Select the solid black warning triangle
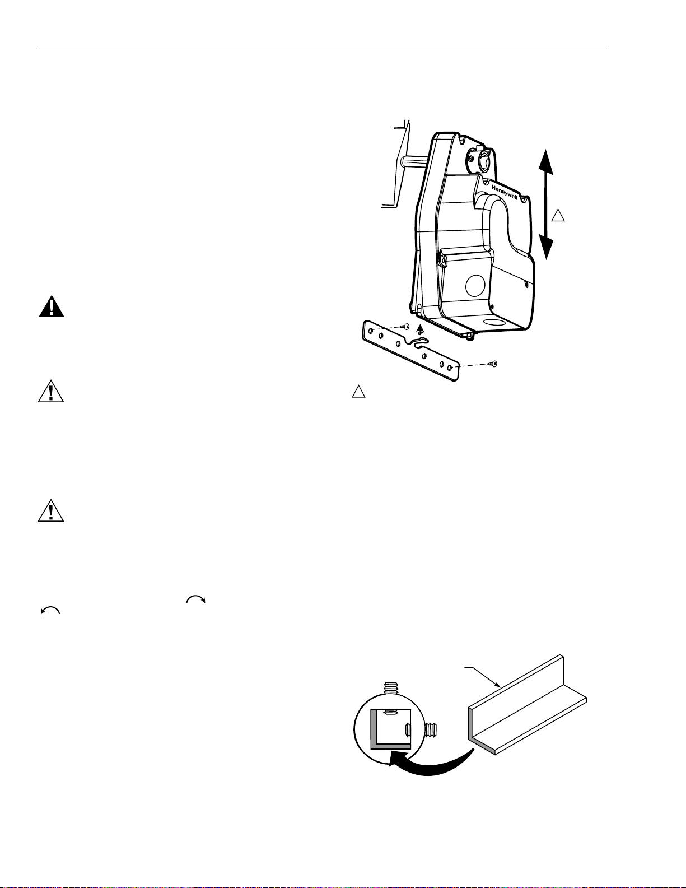[51, 307]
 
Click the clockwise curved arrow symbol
[196, 599]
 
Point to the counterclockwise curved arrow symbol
[50, 611]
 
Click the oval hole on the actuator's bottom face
[492, 323]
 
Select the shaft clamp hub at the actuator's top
[478, 160]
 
